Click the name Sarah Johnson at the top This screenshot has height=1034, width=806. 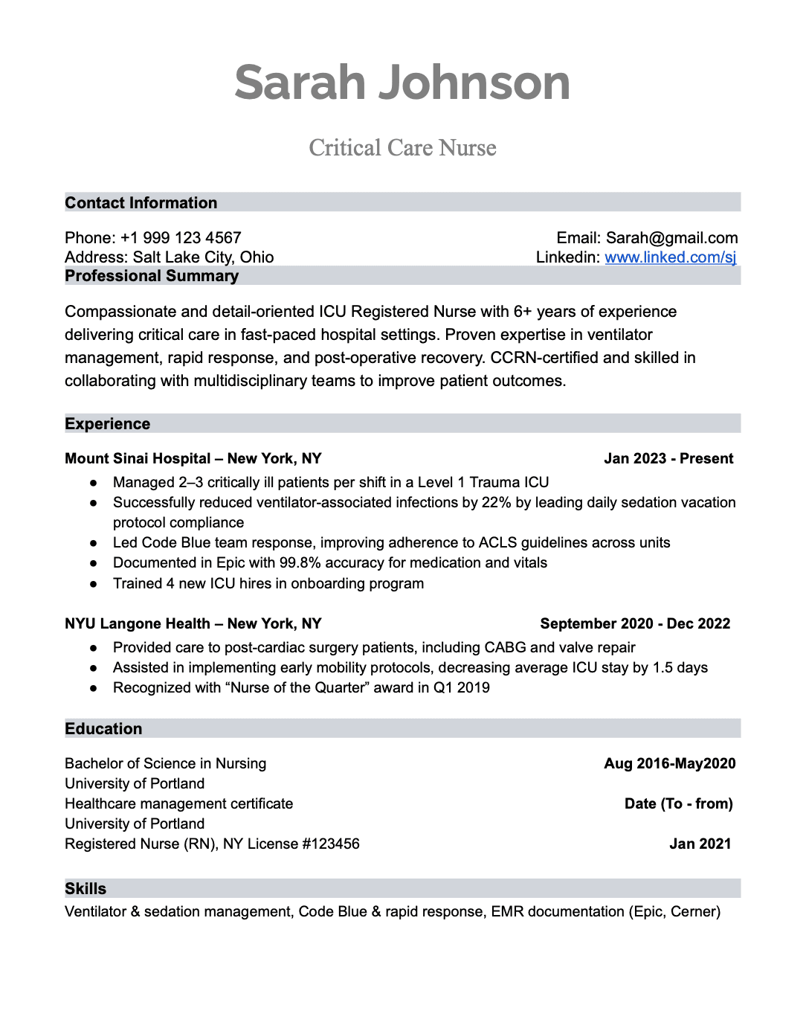click(x=402, y=83)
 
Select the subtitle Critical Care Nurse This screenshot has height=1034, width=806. click(x=402, y=148)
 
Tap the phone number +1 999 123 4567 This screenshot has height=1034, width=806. click(x=181, y=238)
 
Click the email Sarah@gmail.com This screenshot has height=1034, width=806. click(x=671, y=238)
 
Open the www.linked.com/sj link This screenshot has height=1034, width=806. click(x=670, y=257)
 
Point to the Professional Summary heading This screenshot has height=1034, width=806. click(x=152, y=276)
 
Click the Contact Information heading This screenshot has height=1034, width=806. click(x=141, y=203)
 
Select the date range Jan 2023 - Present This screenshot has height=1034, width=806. click(x=668, y=459)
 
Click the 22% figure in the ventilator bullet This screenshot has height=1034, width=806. click(x=496, y=503)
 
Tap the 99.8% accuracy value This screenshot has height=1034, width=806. click(x=300, y=563)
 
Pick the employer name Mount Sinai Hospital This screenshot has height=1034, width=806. click(x=138, y=459)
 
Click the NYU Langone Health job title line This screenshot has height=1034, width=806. click(x=193, y=624)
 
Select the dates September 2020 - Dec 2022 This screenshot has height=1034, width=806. click(x=635, y=624)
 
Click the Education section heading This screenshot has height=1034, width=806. click(x=103, y=729)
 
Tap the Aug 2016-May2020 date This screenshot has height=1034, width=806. click(x=669, y=764)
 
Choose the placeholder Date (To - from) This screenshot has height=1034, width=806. click(x=678, y=804)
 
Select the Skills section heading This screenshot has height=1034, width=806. click(x=86, y=889)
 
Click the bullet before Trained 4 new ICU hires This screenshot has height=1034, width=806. click(x=94, y=585)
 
